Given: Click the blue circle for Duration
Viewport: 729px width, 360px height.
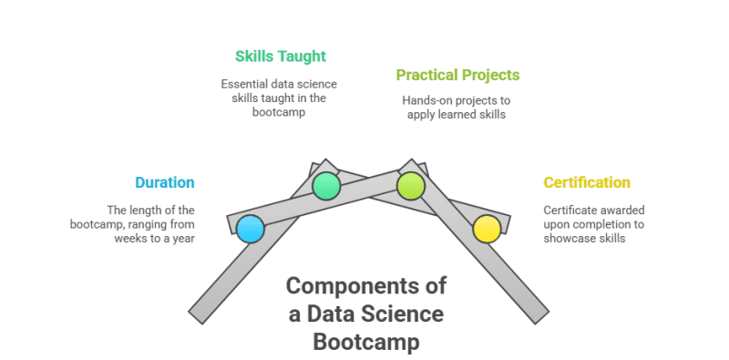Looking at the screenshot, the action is [250, 229].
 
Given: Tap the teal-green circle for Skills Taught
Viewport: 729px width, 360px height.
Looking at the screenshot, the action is [326, 186].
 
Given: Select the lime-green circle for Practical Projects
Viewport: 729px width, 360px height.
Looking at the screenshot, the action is [411, 186].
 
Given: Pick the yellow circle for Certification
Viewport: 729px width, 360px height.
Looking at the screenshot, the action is [487, 229].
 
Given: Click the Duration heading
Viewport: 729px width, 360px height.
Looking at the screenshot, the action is [165, 182].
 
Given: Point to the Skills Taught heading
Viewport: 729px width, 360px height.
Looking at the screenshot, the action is [281, 57].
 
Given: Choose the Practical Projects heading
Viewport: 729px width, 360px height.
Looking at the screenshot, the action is [458, 75].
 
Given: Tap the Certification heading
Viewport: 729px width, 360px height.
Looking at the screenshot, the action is [587, 182].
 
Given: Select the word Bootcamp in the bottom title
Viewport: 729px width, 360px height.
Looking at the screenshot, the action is [366, 342].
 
